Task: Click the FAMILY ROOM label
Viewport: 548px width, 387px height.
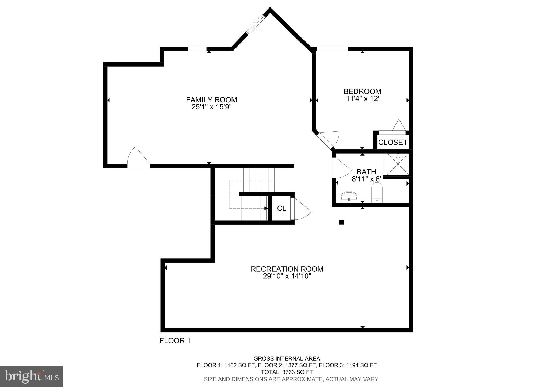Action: point(211,100)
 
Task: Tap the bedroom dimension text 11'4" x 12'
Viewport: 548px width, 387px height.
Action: point(362,99)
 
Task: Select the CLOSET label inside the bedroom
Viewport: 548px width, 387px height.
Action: point(393,143)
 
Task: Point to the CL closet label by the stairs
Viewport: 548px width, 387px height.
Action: point(281,209)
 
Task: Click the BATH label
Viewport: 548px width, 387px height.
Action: point(366,172)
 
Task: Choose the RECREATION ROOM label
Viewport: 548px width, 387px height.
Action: point(287,269)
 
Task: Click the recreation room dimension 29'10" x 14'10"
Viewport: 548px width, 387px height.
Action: point(287,276)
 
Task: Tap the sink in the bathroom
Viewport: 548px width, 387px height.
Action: point(349,197)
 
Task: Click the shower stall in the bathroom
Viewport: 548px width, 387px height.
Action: point(397,164)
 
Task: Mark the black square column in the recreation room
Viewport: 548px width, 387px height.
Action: point(341,222)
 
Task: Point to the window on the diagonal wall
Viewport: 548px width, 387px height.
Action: point(255,25)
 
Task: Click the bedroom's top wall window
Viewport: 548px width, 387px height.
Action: point(332,49)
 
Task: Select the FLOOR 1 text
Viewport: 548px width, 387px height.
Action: point(175,341)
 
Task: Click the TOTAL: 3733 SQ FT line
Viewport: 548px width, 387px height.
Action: point(287,372)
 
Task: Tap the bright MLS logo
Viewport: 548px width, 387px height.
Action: point(31,377)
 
